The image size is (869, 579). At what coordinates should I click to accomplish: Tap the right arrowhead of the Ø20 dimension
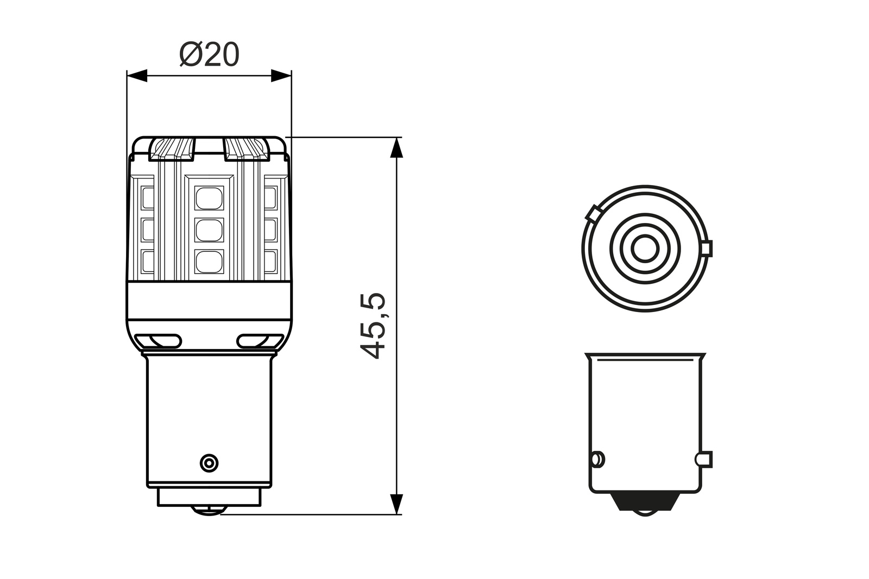[x=281, y=76]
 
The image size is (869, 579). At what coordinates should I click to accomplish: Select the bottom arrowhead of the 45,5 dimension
[x=397, y=504]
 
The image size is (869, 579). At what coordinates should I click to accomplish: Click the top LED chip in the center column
[x=209, y=198]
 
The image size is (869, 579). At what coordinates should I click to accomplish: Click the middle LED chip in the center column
[x=209, y=231]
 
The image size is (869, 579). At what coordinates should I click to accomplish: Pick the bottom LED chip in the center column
[x=209, y=262]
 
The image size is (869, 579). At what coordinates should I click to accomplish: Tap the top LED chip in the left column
[x=147, y=198]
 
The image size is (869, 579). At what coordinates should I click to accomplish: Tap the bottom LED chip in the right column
[x=270, y=262]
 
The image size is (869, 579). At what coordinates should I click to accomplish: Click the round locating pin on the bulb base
[x=209, y=463]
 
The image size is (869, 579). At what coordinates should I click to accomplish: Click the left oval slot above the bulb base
[x=158, y=341]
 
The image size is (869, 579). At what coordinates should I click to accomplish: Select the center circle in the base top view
[x=645, y=249]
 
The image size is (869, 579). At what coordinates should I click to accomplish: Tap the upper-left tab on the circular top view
[x=593, y=212]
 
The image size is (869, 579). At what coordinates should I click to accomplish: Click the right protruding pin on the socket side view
[x=704, y=459]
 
